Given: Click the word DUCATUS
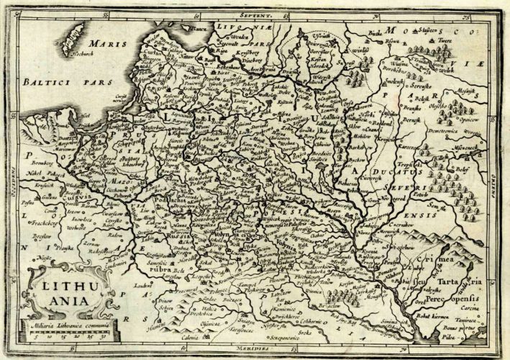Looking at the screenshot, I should pyautogui.click(x=410, y=174).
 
